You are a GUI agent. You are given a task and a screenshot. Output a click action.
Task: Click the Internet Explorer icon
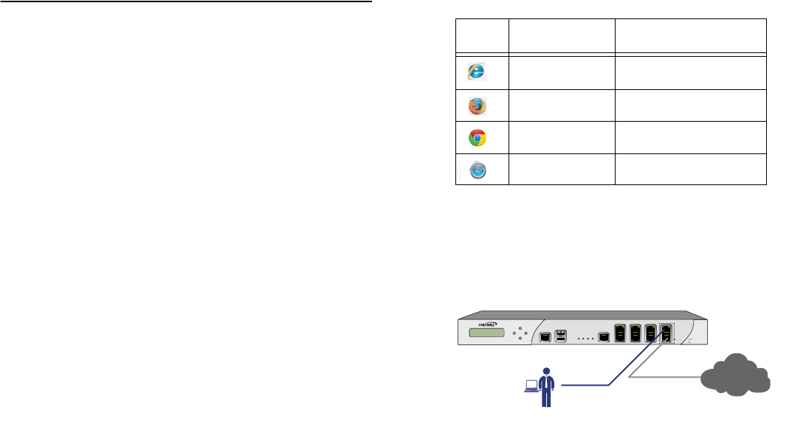tap(477, 71)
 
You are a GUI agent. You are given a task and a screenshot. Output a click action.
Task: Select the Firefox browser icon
tap(477, 106)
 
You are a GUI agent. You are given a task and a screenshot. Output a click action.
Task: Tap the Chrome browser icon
tap(477, 138)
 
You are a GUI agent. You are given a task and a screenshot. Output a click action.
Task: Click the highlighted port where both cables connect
tap(667, 333)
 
